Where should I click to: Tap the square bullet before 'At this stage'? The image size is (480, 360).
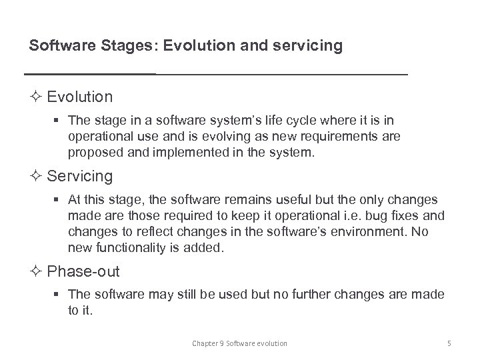(60, 199)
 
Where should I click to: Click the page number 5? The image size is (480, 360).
(449, 343)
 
